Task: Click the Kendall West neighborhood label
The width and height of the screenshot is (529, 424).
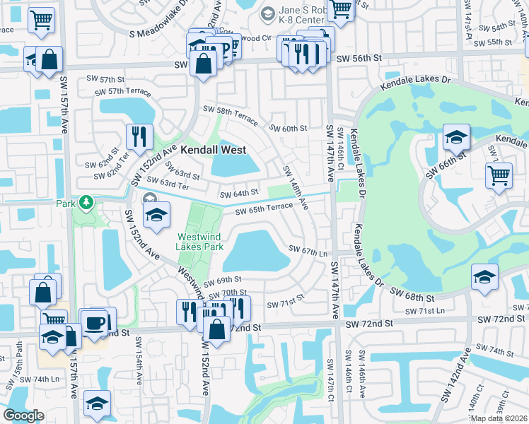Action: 213,150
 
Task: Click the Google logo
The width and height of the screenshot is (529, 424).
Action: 23,416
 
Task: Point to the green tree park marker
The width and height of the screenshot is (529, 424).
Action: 86,204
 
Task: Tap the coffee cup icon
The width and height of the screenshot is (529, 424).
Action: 95,323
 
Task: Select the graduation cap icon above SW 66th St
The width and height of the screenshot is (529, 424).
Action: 456,136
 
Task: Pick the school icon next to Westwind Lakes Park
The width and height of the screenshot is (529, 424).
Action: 157,216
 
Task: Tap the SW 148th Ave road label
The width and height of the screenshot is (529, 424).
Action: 295,188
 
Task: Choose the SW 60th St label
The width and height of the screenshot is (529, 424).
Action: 289,129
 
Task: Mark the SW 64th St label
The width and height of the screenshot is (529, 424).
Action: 238,194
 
